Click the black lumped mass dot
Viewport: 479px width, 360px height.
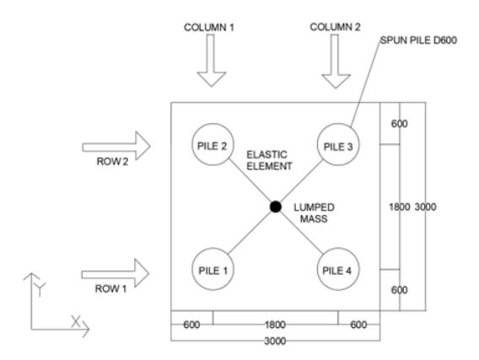point(276,207)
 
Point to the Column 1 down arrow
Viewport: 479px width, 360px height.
point(212,60)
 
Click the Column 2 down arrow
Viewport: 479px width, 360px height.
point(336,61)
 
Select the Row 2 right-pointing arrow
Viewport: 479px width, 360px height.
point(116,146)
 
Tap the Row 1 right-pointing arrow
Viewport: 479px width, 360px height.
point(116,273)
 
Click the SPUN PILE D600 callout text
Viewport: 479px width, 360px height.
point(418,40)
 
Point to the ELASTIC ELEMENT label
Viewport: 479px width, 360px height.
point(269,160)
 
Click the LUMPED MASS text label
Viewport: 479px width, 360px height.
point(314,213)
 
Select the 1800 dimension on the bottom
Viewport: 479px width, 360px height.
point(275,325)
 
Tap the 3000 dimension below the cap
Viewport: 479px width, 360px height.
point(275,341)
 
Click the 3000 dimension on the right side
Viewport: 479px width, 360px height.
point(425,207)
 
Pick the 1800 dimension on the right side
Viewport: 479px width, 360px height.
point(399,207)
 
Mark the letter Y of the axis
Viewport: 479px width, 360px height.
point(40,289)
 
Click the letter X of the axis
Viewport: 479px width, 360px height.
point(75,322)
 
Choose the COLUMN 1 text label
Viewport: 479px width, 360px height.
point(209,28)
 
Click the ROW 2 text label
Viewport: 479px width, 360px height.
point(112,162)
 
